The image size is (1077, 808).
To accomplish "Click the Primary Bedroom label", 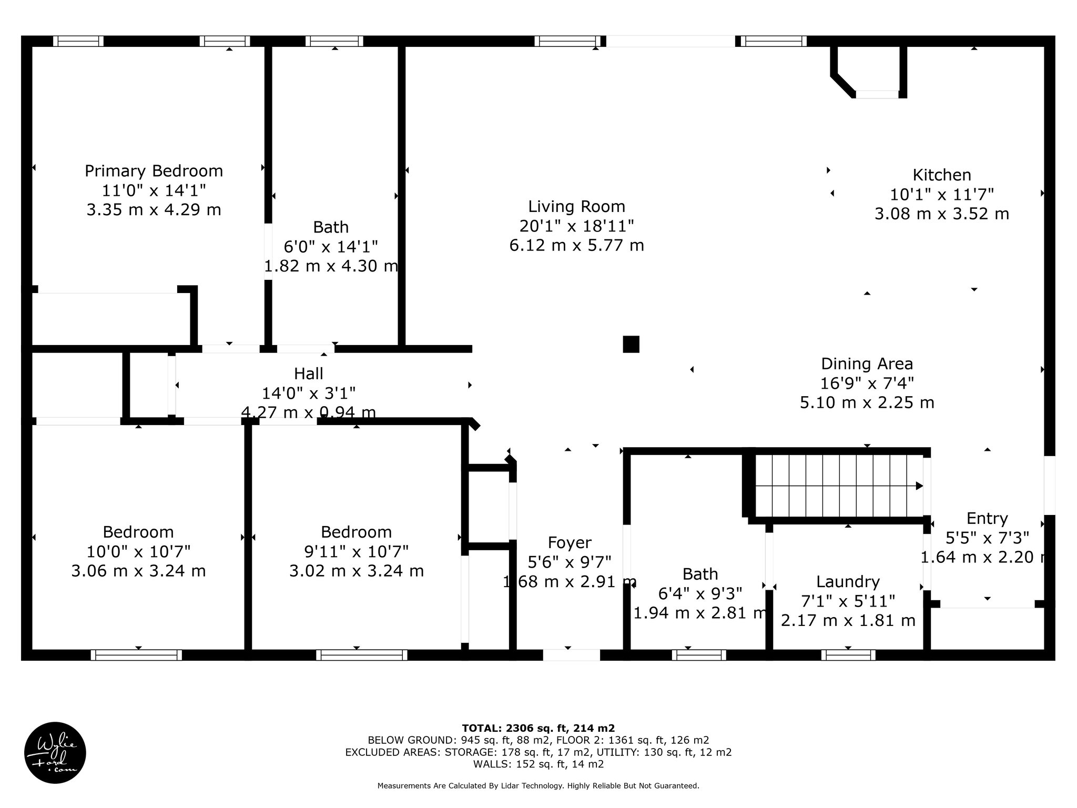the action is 154,171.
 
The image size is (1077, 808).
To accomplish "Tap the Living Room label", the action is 576,206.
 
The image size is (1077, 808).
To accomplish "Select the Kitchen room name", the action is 941,175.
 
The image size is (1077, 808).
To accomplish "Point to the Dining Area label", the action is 867,363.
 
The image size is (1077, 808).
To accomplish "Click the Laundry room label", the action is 848,582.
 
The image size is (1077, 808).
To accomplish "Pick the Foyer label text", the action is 570,542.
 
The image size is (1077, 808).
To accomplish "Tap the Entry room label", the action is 987,519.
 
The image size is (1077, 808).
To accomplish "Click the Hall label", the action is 308,373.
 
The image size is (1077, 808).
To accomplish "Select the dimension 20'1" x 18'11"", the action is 576,226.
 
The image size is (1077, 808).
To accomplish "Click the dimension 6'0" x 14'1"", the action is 331,246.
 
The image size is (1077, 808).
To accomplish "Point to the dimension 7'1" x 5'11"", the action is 848,601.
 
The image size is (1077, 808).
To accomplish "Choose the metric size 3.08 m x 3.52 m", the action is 941,214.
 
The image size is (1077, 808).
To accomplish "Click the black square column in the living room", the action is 631,344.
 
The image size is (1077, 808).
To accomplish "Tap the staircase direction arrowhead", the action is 919,486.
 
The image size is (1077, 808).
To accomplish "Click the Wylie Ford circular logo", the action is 55,753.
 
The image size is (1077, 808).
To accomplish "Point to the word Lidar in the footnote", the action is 552,786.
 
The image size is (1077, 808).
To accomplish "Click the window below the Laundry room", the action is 848,655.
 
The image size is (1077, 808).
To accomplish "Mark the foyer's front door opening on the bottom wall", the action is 571,655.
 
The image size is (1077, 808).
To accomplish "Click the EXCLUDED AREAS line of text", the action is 538,752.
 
